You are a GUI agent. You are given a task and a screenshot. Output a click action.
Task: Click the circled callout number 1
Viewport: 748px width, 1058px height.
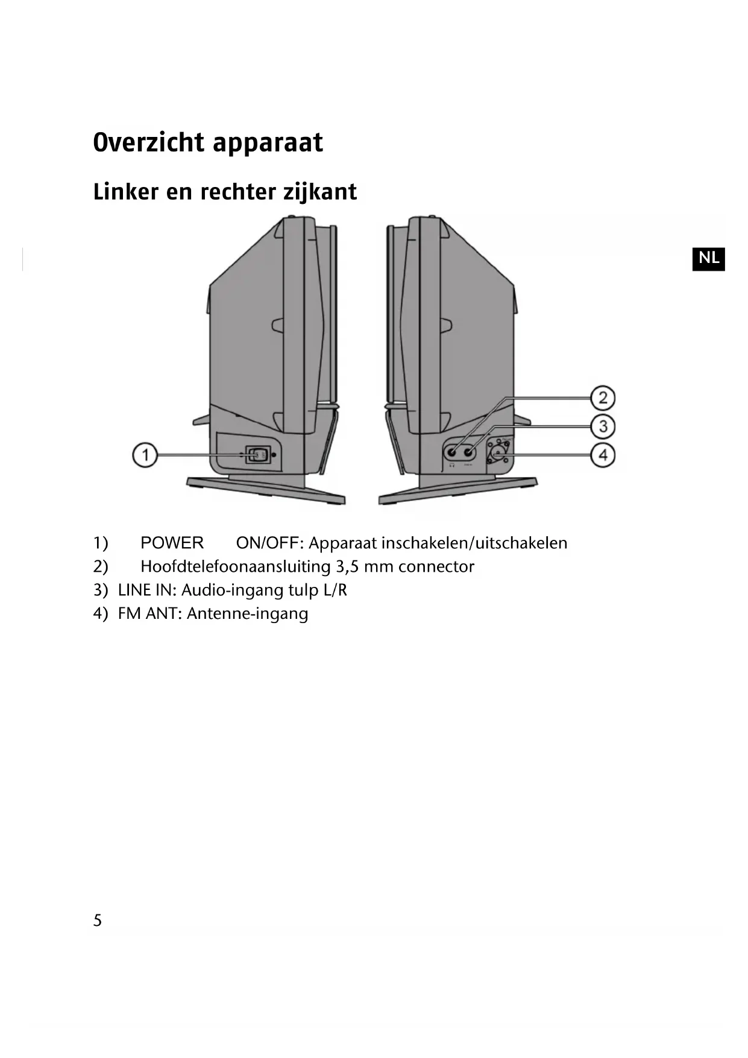(x=145, y=454)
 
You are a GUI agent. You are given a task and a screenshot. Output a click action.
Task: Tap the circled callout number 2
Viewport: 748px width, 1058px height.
(x=603, y=398)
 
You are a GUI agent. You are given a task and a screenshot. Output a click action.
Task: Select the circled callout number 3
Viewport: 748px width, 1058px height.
(x=603, y=426)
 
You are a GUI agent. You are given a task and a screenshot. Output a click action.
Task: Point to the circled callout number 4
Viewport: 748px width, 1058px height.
(x=603, y=454)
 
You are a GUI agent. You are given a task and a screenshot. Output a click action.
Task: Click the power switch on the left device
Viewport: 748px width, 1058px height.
(x=257, y=454)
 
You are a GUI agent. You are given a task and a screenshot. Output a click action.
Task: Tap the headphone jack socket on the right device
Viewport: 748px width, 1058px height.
(x=452, y=451)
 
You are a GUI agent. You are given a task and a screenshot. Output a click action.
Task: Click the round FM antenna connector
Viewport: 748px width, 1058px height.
(x=498, y=451)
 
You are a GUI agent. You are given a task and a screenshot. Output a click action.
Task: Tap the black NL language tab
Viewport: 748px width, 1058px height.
(x=708, y=258)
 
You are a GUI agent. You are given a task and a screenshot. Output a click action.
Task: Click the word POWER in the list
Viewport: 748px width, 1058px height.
(x=172, y=543)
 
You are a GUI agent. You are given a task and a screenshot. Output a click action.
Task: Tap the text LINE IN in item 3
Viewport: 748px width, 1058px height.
(x=145, y=590)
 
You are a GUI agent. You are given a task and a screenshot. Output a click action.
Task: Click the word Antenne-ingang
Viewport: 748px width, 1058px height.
(x=247, y=614)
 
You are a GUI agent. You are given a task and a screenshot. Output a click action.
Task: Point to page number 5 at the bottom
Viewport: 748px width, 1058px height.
(x=98, y=920)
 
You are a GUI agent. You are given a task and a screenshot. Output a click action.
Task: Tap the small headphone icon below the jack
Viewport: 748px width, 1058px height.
(x=452, y=465)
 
